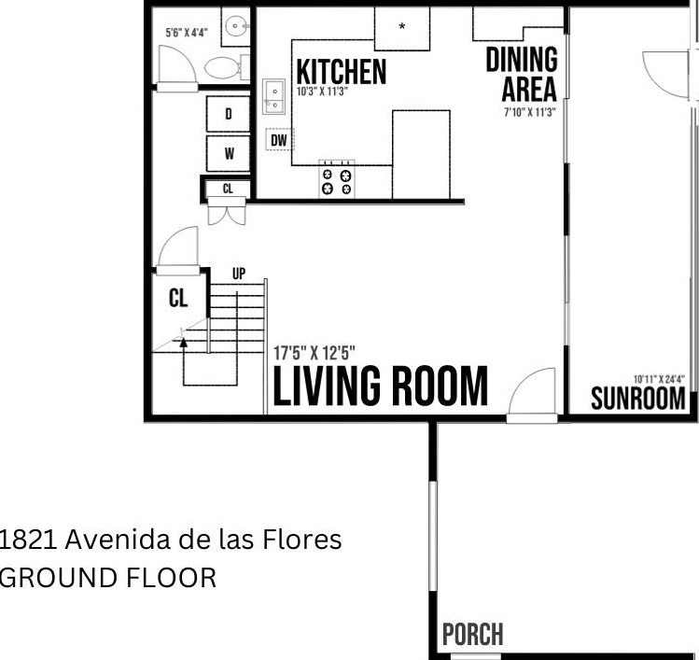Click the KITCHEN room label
[x=341, y=71]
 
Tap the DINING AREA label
[x=522, y=74]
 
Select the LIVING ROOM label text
[x=380, y=386]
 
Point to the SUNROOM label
[x=638, y=399]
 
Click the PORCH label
[x=473, y=634]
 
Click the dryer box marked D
[x=229, y=114]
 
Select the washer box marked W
[x=229, y=154]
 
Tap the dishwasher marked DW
[x=280, y=140]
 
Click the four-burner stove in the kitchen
[x=337, y=180]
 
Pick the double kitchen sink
[x=273, y=97]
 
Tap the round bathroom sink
[x=235, y=27]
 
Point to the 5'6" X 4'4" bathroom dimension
[x=187, y=33]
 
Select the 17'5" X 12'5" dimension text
[x=315, y=353]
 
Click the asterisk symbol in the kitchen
[x=401, y=26]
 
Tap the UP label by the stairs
[x=239, y=274]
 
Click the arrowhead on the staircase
[x=183, y=342]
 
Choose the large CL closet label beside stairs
[x=178, y=299]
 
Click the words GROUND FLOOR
[x=108, y=578]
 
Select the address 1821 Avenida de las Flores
[x=171, y=540]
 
